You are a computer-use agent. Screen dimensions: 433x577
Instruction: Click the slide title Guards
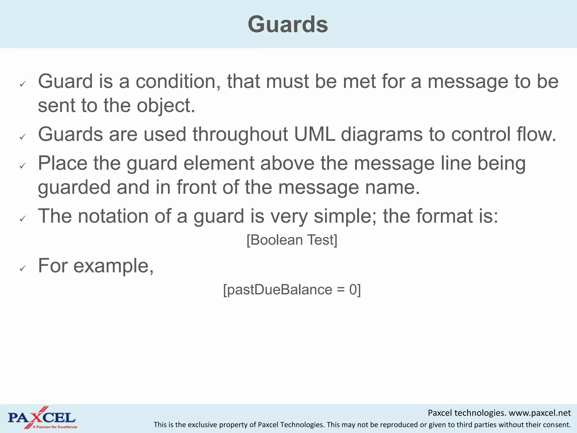[288, 25]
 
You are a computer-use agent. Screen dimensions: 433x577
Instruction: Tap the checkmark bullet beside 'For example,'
[23, 268]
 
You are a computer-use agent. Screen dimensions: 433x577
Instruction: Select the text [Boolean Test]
[292, 240]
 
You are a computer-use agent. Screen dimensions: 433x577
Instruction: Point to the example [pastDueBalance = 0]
[292, 290]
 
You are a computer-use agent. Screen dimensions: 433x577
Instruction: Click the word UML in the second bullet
[314, 134]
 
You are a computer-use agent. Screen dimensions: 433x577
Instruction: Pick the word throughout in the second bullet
[240, 134]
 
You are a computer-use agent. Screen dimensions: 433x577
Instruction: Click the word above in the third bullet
[287, 164]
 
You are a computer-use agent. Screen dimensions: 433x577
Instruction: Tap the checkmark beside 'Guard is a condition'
[23, 84]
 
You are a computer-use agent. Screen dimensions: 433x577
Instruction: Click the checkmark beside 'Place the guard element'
[23, 166]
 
